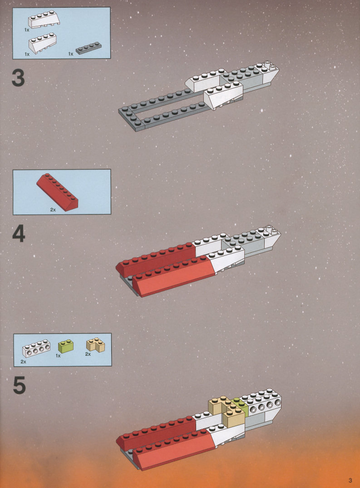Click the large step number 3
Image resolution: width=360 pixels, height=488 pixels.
(18, 78)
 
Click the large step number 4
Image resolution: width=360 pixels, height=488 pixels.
(19, 234)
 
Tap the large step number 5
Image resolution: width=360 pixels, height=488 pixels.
(19, 385)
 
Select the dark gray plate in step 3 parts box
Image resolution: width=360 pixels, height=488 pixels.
(89, 48)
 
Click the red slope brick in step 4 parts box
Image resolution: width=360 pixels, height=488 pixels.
(57, 192)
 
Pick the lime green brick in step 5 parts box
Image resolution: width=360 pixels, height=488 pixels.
(66, 346)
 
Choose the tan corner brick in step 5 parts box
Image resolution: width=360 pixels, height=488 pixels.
(95, 345)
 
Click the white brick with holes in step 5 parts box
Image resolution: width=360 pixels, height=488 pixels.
(36, 348)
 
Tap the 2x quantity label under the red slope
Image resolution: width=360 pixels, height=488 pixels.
(53, 210)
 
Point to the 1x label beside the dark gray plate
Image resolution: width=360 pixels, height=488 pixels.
(71, 54)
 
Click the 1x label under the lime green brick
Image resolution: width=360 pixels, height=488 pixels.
(58, 355)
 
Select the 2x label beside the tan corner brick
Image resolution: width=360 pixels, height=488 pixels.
(88, 354)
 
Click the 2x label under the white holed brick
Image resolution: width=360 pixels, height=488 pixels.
(23, 362)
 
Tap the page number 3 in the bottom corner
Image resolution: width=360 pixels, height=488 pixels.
(350, 480)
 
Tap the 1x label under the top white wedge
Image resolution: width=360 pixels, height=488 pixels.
(27, 30)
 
